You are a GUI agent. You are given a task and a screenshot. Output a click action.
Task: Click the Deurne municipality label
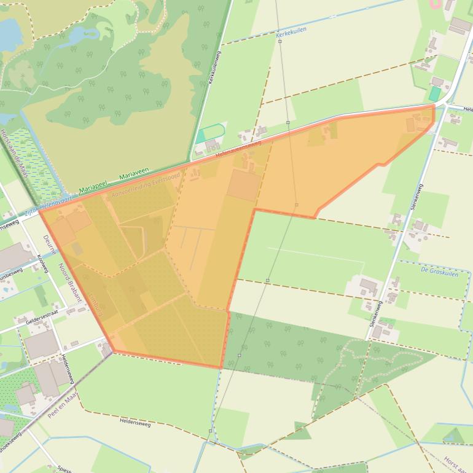50,244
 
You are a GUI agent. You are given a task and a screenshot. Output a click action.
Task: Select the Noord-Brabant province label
69,282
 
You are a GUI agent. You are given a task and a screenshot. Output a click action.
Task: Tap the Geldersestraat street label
41,320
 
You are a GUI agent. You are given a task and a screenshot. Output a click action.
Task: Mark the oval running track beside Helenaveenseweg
210,133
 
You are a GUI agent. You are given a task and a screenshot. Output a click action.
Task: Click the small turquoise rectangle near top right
434,94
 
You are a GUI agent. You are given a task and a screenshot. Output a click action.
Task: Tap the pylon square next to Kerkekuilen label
279,41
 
